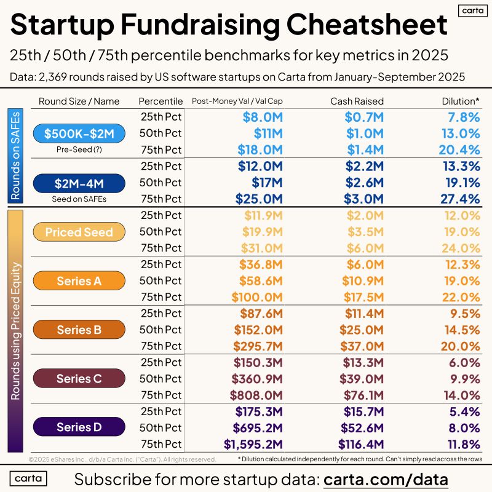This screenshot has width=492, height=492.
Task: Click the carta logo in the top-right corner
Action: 473,10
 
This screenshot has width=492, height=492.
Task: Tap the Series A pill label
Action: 79,280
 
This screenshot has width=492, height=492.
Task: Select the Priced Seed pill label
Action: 79,232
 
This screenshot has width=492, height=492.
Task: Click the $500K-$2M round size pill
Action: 79,133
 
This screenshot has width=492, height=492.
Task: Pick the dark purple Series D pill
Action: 79,427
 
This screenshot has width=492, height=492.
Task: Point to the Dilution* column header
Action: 460,101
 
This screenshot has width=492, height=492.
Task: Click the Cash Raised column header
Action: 357,101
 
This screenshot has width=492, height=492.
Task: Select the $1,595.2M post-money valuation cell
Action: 253,444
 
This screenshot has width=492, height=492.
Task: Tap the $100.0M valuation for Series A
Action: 257,297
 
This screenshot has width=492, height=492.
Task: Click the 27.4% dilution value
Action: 460,199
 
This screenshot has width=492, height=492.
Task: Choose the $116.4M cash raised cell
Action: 361,444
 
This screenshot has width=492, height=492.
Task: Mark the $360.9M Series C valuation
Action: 257,379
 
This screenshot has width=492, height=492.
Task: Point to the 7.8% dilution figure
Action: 464,117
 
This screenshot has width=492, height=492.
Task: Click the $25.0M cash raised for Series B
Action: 362,330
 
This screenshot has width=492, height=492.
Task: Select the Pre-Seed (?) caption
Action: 79,149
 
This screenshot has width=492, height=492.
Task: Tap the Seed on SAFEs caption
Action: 79,199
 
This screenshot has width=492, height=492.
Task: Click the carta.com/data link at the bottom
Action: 386,480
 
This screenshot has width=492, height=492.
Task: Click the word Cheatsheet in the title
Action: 367,25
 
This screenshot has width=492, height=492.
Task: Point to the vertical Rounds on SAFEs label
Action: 15,156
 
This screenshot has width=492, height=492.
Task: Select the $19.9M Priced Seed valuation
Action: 263,232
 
